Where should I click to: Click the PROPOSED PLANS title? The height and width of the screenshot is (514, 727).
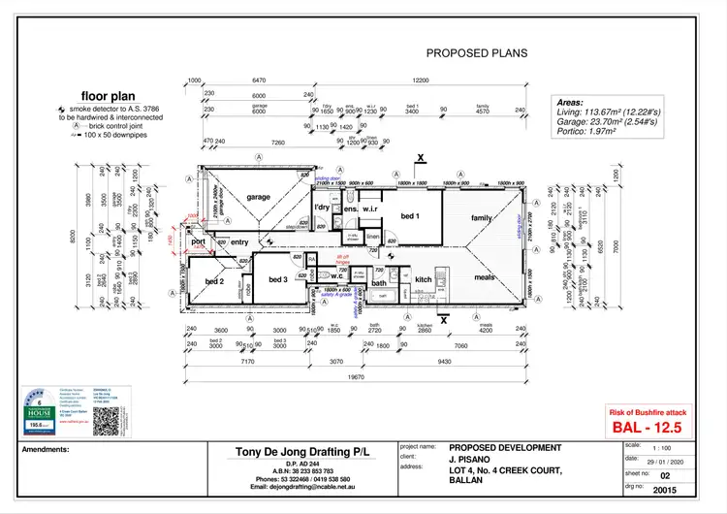coord(477,53)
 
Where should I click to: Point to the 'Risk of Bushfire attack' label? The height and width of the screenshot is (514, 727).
coord(648,411)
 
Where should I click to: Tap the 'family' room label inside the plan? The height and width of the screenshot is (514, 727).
coord(482,218)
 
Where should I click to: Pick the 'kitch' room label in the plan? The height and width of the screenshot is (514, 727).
coord(424,279)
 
